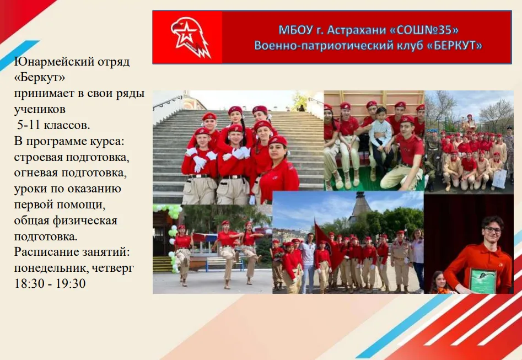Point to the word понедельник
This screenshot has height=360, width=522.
point(52,268)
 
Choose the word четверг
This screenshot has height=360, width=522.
point(115,268)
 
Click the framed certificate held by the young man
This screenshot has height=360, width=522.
point(483,280)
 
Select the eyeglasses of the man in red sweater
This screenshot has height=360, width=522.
point(492,229)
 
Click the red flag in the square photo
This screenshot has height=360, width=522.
point(322,237)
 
